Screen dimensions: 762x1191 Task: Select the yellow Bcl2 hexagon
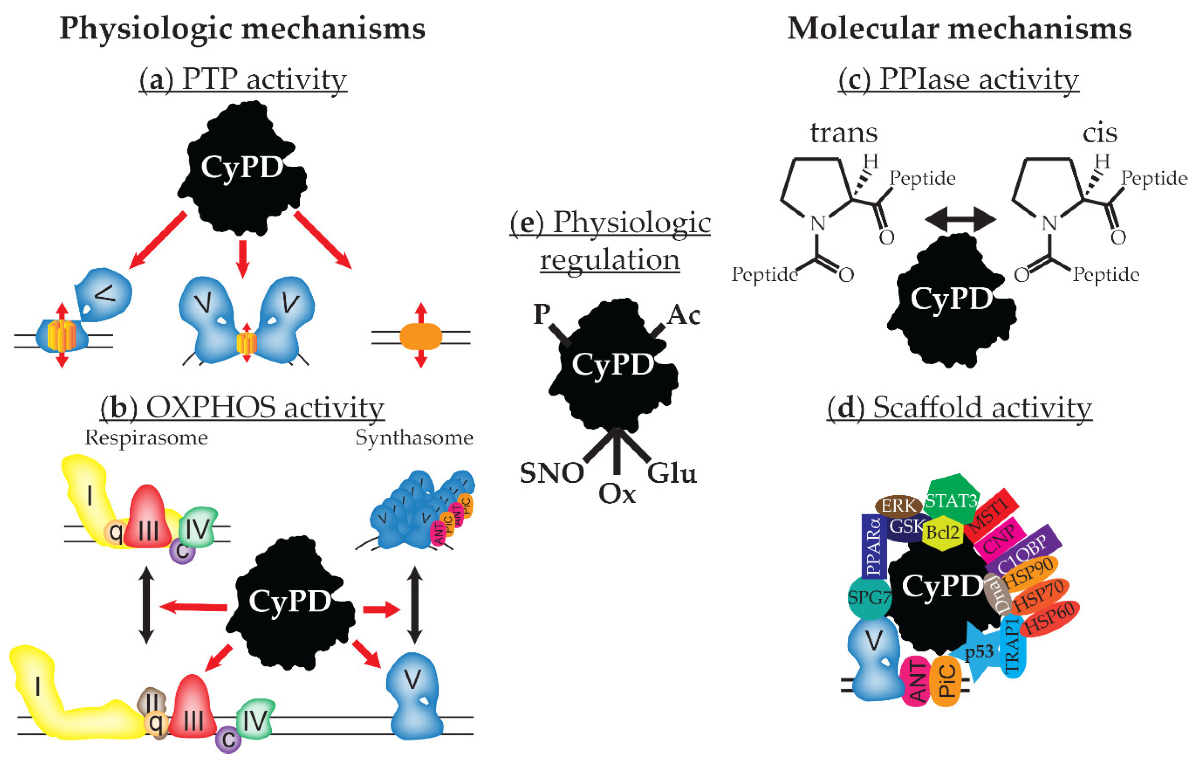(x=943, y=532)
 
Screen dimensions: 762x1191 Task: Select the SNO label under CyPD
(x=552, y=474)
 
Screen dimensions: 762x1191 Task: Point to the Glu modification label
(x=672, y=474)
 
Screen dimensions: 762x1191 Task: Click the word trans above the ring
(x=844, y=133)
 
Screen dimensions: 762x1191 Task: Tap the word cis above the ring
(x=1099, y=133)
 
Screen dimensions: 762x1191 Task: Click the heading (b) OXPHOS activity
(x=242, y=408)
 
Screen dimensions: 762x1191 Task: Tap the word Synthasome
(x=414, y=437)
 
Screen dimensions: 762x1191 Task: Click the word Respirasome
(x=146, y=437)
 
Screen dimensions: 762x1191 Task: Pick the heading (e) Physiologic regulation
(x=610, y=241)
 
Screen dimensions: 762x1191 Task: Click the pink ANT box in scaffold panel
(x=916, y=682)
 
